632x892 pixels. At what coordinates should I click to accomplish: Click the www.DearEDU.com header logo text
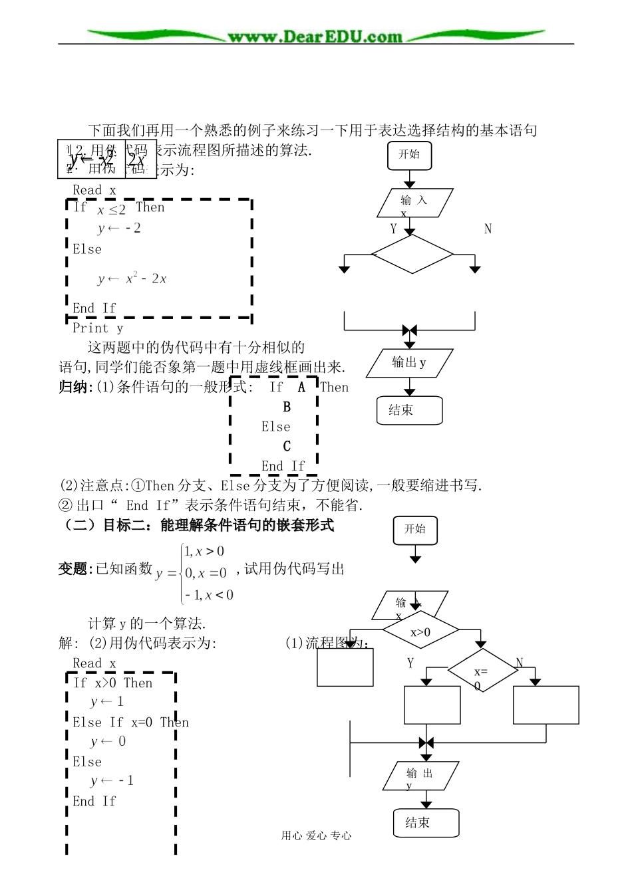coord(315,37)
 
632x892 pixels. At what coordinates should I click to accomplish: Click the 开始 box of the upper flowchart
coord(409,155)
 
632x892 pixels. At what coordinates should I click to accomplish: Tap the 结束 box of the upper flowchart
coord(409,410)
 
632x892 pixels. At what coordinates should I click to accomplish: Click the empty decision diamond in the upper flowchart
coord(412,254)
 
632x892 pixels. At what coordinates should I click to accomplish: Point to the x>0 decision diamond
coord(420,632)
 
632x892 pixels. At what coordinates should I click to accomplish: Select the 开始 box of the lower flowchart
coord(415,530)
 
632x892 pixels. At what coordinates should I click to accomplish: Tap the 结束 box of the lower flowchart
coord(426,823)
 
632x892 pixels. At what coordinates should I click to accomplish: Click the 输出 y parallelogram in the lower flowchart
coord(421,776)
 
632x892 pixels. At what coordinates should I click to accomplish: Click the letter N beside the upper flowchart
coord(488,229)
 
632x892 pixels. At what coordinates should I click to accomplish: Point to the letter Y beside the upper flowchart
coord(393,229)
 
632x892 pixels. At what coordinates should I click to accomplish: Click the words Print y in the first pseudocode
coord(98,328)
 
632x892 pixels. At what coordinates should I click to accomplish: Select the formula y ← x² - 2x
coord(132,279)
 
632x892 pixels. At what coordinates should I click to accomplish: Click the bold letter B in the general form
coord(287,407)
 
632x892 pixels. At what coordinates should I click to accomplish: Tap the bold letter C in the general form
coord(287,446)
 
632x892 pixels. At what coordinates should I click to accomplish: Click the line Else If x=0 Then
coord(130,723)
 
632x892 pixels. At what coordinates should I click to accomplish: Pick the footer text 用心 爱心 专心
coord(316,836)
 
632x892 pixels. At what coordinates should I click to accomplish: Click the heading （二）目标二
coord(196,525)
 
